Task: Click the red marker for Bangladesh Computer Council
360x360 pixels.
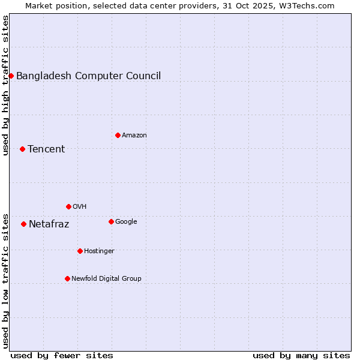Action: coord(11,76)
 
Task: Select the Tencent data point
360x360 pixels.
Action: coord(22,149)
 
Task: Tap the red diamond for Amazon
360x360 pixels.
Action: coord(118,135)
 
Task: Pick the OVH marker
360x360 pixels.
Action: coord(68,206)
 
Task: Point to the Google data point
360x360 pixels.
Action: coord(111,221)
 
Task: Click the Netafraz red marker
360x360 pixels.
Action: coord(23,224)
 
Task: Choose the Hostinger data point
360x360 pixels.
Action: coord(80,251)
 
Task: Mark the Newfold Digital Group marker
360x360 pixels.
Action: coord(67,278)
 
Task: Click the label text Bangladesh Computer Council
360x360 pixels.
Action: coord(88,76)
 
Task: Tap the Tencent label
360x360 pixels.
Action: coord(46,149)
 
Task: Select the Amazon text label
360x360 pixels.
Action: coord(134,135)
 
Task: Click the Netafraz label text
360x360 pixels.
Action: coord(49,224)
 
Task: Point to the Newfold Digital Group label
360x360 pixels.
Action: coord(106,278)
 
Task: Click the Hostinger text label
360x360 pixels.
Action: coord(99,251)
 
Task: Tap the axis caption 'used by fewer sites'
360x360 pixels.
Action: coord(62,355)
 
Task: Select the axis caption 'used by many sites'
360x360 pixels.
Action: coord(301,355)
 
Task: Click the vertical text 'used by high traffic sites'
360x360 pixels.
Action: coord(5,85)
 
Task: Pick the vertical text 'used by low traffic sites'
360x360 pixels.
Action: coord(5,281)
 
